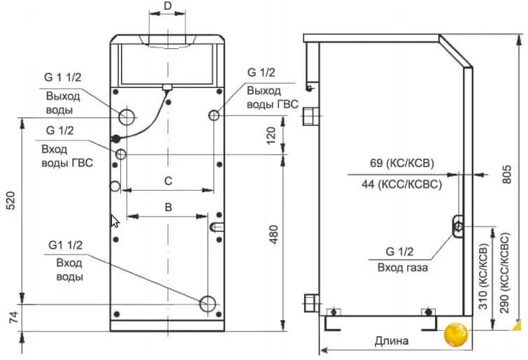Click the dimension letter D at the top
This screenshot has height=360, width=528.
pyautogui.click(x=167, y=6)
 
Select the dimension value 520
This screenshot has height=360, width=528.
pyautogui.click(x=11, y=201)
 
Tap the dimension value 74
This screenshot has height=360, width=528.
pyautogui.click(x=13, y=317)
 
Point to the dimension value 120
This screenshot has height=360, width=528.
pyautogui.click(x=271, y=135)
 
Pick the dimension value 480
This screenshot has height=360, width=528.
pyautogui.click(x=273, y=234)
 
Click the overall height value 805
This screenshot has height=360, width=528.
pyautogui.click(x=506, y=174)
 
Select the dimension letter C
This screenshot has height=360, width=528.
pyautogui.click(x=168, y=181)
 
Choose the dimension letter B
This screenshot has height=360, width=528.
pyautogui.click(x=169, y=207)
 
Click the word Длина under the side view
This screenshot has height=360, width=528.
pyautogui.click(x=392, y=341)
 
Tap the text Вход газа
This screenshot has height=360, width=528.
pyautogui.click(x=403, y=268)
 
